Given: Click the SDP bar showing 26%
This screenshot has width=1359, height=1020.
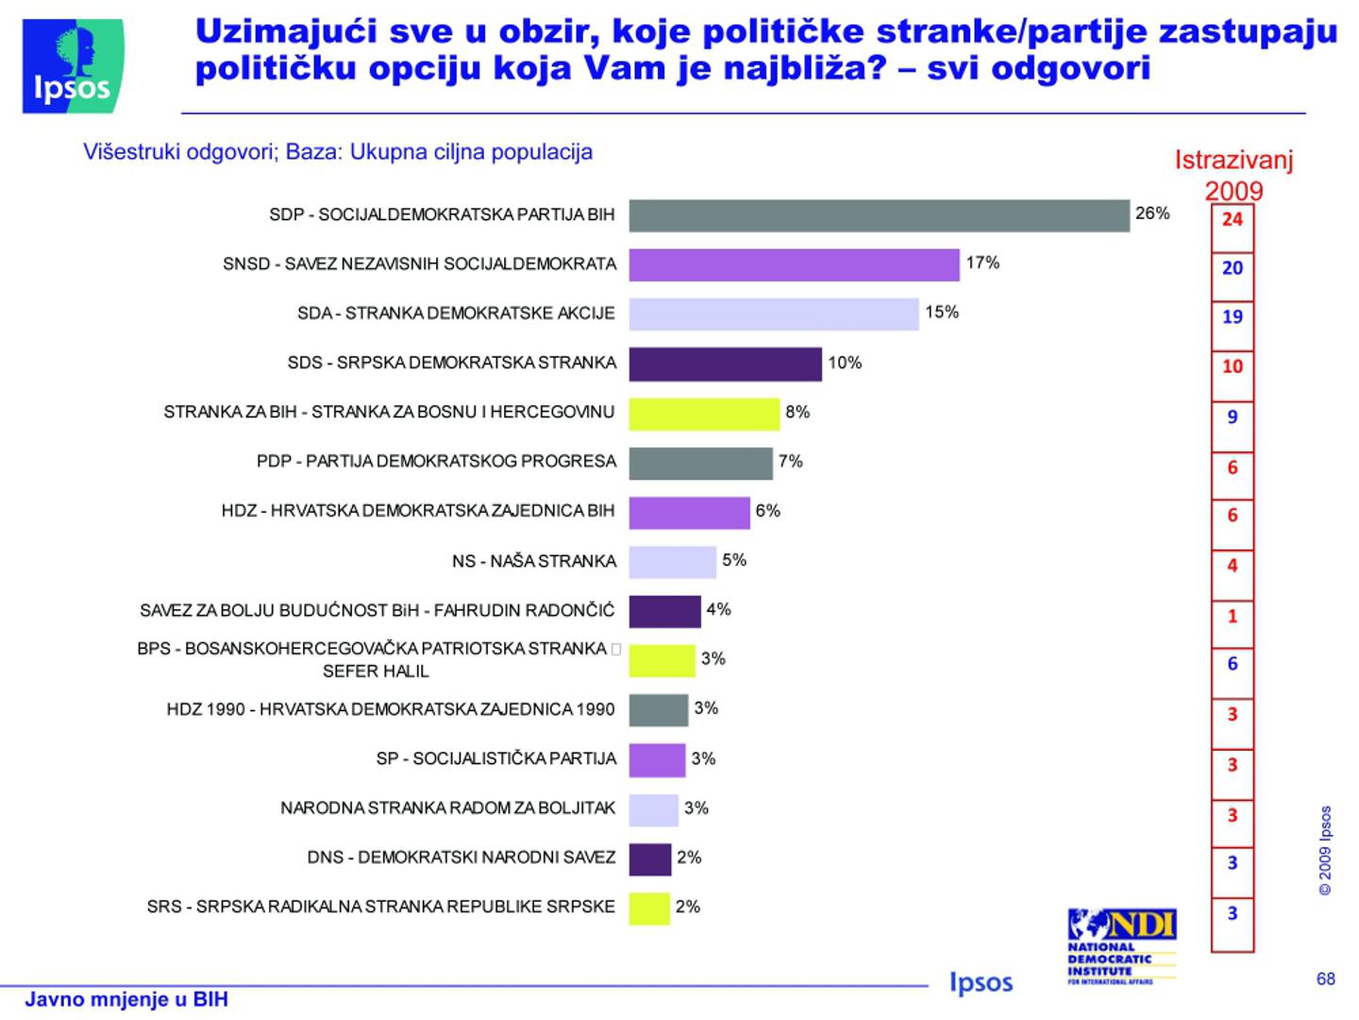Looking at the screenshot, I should pos(879,215).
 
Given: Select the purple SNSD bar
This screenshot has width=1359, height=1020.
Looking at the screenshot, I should pos(794,264).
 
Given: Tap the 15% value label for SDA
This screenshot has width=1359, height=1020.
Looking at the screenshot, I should pos(941,313).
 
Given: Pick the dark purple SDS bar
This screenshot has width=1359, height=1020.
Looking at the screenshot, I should pos(725,364).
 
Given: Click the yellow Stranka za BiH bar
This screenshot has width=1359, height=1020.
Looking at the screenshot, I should pos(704,414).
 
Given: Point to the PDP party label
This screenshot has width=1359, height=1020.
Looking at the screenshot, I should pos(436,462).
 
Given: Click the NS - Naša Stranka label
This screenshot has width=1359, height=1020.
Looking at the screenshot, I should pos(533,561).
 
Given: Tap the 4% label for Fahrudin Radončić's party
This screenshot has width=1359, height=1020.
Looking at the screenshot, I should pos(718,610).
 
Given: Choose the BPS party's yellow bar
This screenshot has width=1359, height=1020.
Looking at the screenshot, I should pos(662,660).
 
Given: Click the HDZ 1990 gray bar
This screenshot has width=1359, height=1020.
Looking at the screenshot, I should pos(659,710).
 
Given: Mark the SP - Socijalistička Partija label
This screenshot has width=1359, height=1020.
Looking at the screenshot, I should pos(495,758).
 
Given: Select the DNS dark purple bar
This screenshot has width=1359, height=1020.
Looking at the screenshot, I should pos(649,859).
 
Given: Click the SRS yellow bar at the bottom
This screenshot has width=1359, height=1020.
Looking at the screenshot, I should pos(649,909).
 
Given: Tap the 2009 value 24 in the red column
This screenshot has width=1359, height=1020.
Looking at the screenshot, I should pos(1233,219).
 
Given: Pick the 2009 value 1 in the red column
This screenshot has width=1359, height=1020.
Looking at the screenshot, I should pos(1233,616).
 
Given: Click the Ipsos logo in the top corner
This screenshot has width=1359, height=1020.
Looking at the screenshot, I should pos(73,66).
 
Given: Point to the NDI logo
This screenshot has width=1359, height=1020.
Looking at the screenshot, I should pos(1122,944).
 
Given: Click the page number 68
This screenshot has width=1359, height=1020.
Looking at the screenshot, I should pos(1325,978).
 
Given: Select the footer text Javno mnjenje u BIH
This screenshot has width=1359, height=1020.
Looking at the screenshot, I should pos(126,999).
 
